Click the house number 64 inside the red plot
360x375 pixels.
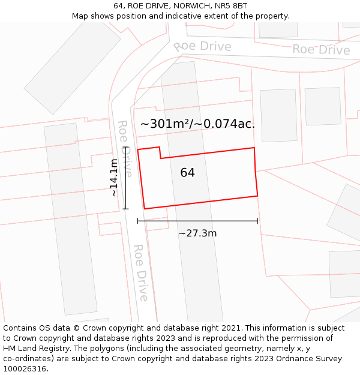pyautogui.click(x=187, y=173)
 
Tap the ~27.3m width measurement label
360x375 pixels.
pyautogui.click(x=197, y=233)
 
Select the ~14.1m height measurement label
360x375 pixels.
pyautogui.click(x=114, y=178)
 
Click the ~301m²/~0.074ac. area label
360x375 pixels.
pyautogui.click(x=197, y=124)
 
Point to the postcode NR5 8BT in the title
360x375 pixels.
pyautogui.click(x=232, y=6)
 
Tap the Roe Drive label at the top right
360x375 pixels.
pyautogui.click(x=321, y=50)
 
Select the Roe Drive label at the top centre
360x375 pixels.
pyautogui.click(x=202, y=46)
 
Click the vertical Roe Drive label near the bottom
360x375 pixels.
pyautogui.click(x=140, y=272)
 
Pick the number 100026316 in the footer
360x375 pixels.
pyautogui.click(x=25, y=369)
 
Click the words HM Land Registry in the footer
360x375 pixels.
pyautogui.click(x=33, y=348)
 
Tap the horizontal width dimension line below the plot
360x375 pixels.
pyautogui.click(x=197, y=221)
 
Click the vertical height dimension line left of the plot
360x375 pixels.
pyautogui.click(x=125, y=178)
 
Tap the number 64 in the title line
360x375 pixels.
pyautogui.click(x=118, y=6)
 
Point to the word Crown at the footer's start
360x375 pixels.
pyautogui.click(x=86, y=328)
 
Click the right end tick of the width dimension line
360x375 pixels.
pyautogui.click(x=257, y=221)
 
